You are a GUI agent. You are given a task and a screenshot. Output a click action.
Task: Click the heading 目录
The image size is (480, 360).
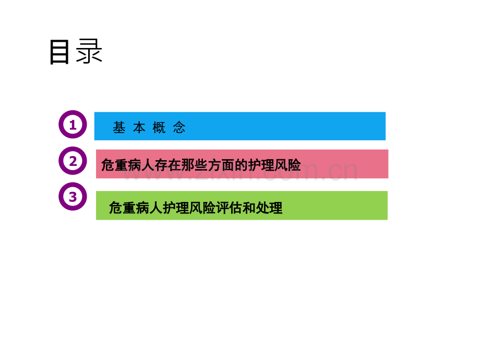click(x=76, y=52)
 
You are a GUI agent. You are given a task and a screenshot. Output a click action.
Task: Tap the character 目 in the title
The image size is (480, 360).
click(x=59, y=52)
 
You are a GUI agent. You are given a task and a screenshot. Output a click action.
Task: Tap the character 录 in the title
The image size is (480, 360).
click(x=89, y=51)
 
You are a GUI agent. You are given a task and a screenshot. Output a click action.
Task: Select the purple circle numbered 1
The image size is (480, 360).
click(x=73, y=124)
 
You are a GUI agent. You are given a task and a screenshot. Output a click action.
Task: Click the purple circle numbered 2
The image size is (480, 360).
click(x=73, y=161)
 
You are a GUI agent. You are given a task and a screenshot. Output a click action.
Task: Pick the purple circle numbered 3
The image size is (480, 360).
click(x=73, y=197)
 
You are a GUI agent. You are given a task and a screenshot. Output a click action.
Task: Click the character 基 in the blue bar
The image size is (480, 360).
click(x=119, y=127)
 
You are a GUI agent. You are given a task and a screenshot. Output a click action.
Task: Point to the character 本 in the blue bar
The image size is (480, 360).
click(x=139, y=127)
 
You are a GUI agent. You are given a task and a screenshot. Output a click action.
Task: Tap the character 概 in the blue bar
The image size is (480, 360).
click(x=159, y=127)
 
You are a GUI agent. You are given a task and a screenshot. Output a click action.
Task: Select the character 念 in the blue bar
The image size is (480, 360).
click(x=179, y=127)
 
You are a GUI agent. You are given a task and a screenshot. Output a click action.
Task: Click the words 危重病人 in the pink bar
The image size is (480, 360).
click(x=128, y=165)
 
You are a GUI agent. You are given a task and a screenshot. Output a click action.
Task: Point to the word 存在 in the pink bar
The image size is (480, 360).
click(x=168, y=165)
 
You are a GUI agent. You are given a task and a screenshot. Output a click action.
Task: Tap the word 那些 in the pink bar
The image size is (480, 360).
click(x=195, y=165)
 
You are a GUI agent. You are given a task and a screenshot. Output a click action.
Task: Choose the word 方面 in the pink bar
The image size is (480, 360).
click(x=221, y=165)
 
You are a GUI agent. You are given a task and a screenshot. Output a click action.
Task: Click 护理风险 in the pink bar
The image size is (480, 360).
click(x=274, y=165)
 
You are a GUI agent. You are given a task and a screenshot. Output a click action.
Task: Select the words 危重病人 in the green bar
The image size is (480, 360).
click(x=136, y=208)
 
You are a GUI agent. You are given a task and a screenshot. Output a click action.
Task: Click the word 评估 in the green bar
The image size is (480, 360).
click(x=229, y=208)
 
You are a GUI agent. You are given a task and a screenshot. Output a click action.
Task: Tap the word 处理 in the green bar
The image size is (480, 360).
click(x=269, y=208)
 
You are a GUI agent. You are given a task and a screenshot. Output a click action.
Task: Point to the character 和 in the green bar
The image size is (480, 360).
click(x=249, y=208)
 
